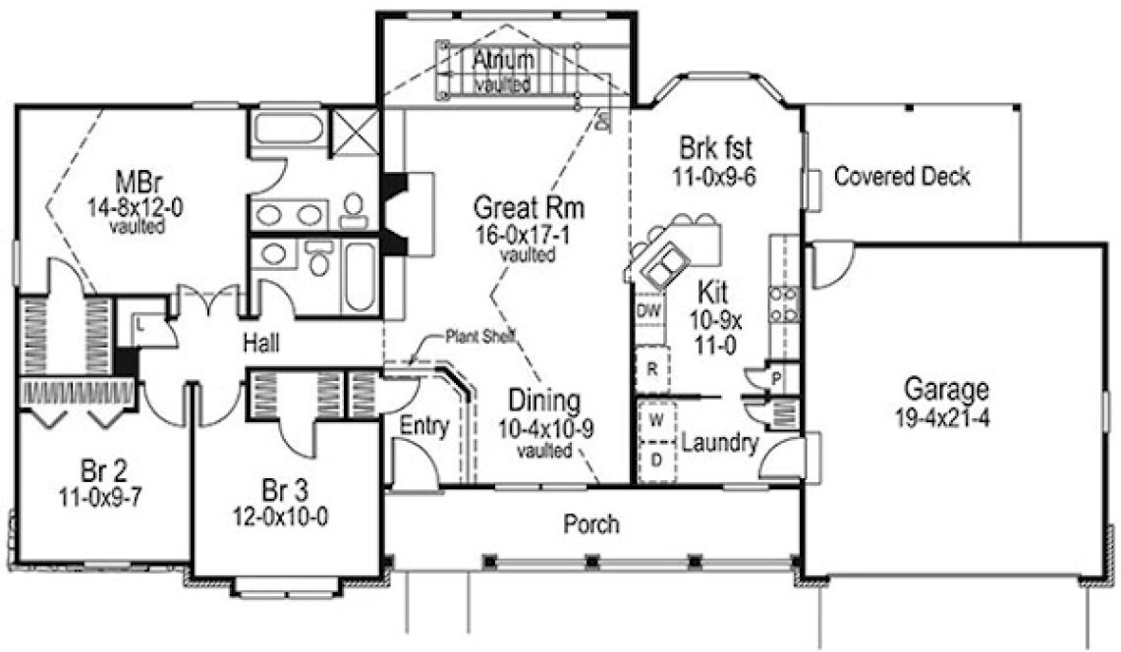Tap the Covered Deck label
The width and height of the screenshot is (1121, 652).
(x=902, y=177)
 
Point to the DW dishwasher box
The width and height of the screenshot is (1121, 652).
(x=646, y=311)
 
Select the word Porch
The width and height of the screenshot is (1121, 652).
(x=591, y=523)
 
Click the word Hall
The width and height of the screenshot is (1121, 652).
(x=263, y=344)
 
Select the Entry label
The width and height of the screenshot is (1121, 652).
(x=424, y=427)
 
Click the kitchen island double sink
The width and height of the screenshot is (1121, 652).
(x=668, y=260)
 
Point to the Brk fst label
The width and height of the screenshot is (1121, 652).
(x=716, y=149)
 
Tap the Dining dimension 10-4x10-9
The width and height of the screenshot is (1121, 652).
(x=544, y=428)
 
